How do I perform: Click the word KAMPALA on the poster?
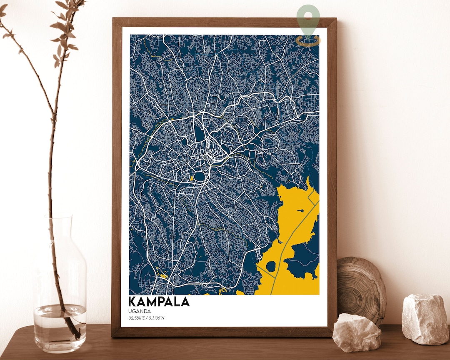pyautogui.click(x=159, y=301)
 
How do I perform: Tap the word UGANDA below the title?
pyautogui.click(x=140, y=311)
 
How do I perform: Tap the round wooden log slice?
pyautogui.click(x=360, y=287)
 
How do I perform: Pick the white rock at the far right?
pyautogui.click(x=425, y=319)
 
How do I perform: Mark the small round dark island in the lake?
pyautogui.click(x=271, y=266)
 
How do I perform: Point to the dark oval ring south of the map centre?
pyautogui.click(x=200, y=177)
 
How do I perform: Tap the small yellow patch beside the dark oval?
pyautogui.click(x=192, y=178)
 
